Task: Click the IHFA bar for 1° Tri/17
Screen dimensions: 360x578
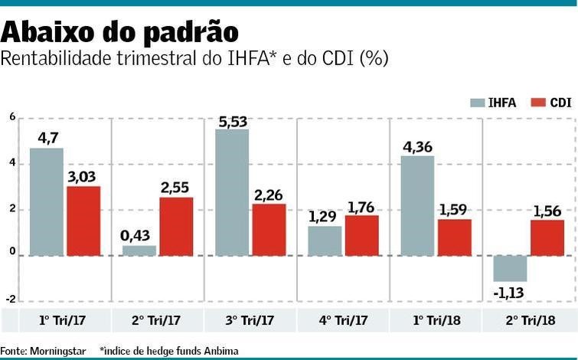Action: (47, 201)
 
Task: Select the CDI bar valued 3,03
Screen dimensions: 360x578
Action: (83, 221)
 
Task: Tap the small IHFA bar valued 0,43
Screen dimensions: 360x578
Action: (139, 250)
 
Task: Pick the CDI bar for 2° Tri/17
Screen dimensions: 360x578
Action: (176, 226)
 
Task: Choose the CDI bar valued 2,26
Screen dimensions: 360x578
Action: (269, 230)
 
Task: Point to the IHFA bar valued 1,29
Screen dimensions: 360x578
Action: (325, 241)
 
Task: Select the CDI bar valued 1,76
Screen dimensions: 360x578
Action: (361, 235)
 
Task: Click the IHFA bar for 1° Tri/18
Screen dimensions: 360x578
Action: (417, 205)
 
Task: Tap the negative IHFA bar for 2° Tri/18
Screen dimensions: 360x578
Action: (510, 269)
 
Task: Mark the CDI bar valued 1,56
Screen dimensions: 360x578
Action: (547, 237)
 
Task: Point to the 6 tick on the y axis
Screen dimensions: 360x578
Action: (11, 117)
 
